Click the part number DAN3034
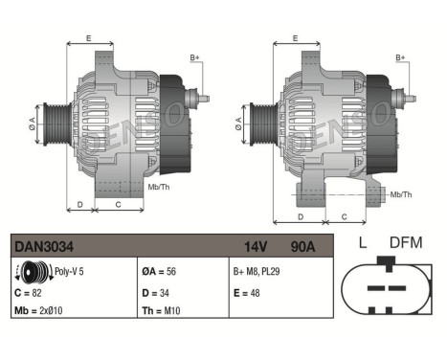pos(37,247)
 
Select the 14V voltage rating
pos(255,247)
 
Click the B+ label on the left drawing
pos(195,58)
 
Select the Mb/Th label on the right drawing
pos(402,194)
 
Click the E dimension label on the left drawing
pos(89,38)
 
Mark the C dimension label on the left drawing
pos(117,203)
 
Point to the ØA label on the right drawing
pos(238,123)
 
